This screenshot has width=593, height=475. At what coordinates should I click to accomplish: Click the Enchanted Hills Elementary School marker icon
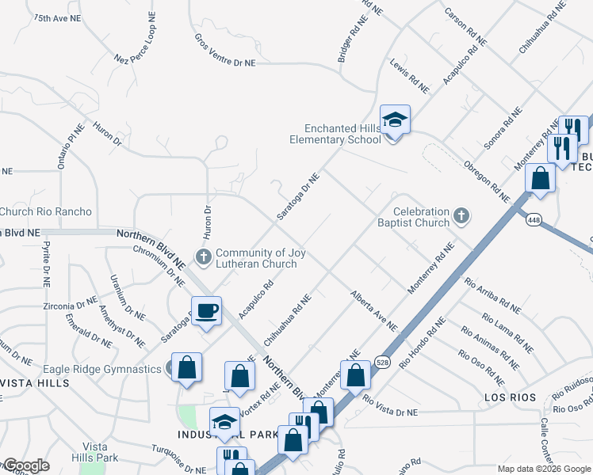pyautogui.click(x=394, y=120)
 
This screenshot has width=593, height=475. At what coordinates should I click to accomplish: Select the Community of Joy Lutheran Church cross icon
pyautogui.click(x=204, y=256)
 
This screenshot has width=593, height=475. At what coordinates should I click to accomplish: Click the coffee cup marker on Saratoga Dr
pyautogui.click(x=206, y=310)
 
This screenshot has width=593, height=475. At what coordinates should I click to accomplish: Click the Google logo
pyautogui.click(x=26, y=465)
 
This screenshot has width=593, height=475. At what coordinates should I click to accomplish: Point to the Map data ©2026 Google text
pyautogui.click(x=544, y=469)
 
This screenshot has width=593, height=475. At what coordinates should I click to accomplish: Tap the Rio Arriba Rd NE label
pyautogui.click(x=493, y=294)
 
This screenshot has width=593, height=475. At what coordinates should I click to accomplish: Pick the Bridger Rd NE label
pyautogui.click(x=350, y=40)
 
